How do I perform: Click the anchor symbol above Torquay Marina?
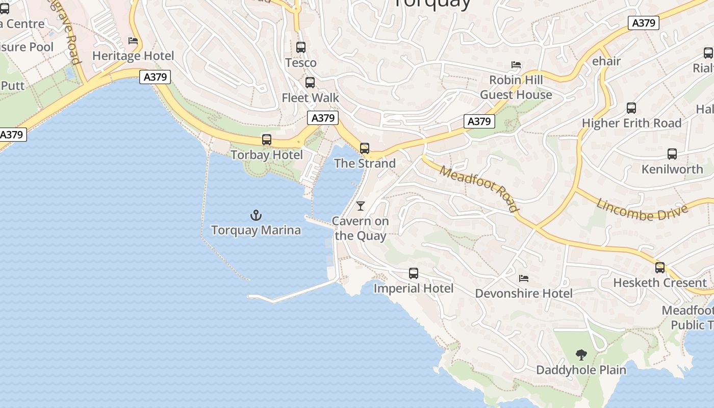[256, 215]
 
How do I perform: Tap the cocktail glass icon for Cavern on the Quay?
[361, 206]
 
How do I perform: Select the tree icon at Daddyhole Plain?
[581, 355]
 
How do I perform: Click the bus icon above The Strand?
[365, 148]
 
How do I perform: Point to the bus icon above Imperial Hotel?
[414, 273]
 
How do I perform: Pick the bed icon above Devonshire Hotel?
[523, 278]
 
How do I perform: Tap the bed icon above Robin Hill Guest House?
[516, 65]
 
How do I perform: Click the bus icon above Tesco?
[301, 47]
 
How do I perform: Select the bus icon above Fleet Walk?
[310, 83]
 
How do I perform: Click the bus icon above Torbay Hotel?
[266, 140]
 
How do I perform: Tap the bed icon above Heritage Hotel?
[133, 41]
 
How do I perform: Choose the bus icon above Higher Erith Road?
[631, 108]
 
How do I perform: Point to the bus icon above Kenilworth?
[672, 154]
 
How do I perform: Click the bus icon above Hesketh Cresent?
[660, 268]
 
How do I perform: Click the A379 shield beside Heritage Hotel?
[155, 77]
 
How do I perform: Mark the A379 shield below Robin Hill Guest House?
[479, 121]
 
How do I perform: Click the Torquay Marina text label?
[256, 230]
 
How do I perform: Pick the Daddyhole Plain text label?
[581, 370]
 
